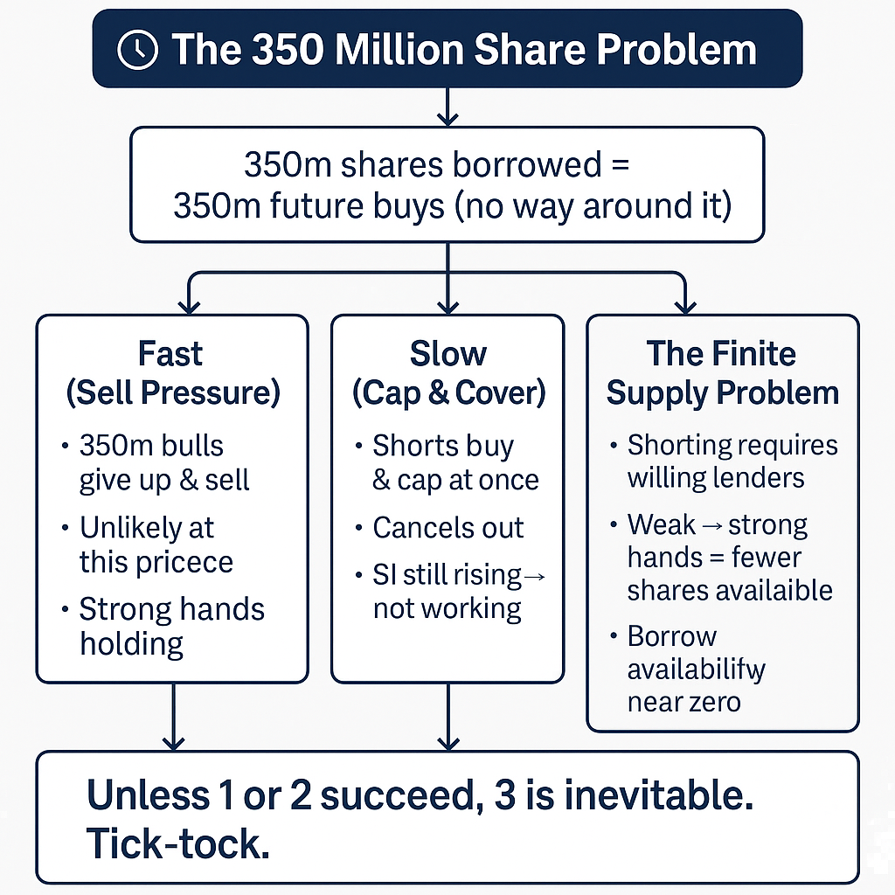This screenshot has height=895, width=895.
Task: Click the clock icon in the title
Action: click(137, 50)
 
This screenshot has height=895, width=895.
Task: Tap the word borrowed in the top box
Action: click(527, 164)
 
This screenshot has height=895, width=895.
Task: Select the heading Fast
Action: click(170, 353)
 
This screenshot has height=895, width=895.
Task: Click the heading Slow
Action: click(448, 353)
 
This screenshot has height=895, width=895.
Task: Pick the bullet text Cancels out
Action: click(448, 527)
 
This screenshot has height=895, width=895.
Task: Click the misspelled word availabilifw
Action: click(697, 670)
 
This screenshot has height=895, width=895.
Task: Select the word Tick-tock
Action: click(178, 843)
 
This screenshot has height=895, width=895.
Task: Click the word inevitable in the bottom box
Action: click(659, 794)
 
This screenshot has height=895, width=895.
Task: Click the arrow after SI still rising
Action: click(534, 577)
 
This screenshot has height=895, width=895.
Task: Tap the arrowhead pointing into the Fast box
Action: click(189, 307)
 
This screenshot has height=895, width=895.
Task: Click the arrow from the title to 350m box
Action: click(447, 107)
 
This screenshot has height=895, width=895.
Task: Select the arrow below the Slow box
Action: click(448, 717)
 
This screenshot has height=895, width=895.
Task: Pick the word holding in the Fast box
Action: click(131, 645)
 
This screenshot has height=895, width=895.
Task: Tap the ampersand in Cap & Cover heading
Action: click(439, 392)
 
